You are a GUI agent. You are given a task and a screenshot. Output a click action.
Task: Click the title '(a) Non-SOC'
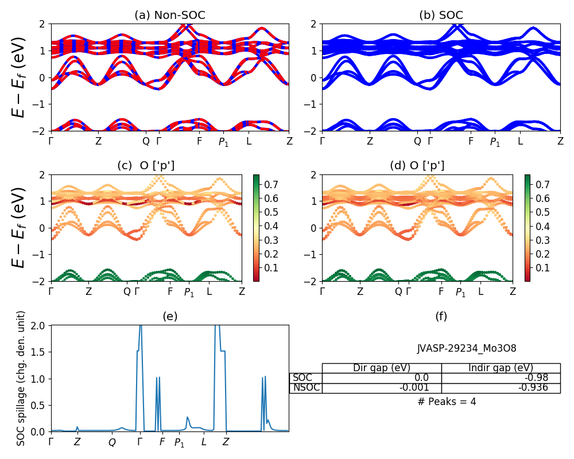click(170, 15)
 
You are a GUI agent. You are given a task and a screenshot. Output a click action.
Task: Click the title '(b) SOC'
click(441, 15)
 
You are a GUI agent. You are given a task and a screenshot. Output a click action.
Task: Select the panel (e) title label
click(170, 316)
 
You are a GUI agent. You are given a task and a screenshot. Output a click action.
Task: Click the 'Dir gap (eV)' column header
click(382, 368)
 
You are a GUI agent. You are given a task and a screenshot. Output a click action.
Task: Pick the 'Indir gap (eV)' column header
click(501, 368)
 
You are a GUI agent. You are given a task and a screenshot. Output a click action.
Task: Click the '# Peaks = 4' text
click(447, 402)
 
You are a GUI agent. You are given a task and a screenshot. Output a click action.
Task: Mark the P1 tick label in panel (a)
click(224, 142)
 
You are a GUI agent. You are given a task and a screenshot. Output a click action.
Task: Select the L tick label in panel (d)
click(480, 291)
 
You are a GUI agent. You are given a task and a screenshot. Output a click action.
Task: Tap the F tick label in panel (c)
click(170, 291)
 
